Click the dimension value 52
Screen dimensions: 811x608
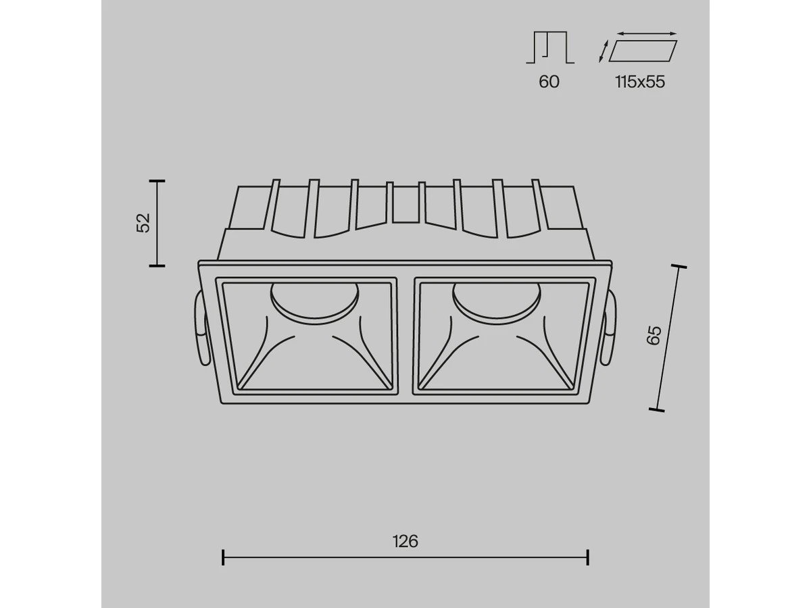(144, 223)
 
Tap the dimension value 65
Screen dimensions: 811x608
(654, 335)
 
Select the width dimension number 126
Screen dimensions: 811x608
(405, 542)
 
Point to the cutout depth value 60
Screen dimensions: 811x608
(549, 82)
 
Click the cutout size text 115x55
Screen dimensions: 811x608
(640, 82)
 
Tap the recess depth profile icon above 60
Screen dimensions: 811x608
(550, 47)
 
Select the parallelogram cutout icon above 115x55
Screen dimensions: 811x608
(643, 51)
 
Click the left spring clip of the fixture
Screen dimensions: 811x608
(203, 328)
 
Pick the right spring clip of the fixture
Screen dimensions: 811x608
(608, 328)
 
